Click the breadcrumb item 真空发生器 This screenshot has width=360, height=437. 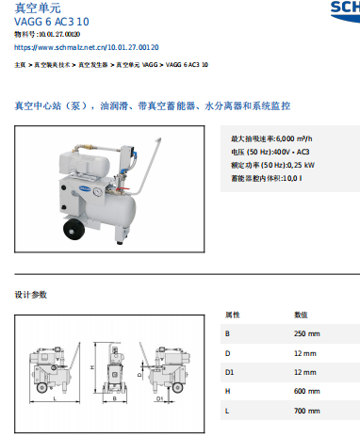[93, 65]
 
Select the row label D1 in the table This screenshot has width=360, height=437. [228, 372]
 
